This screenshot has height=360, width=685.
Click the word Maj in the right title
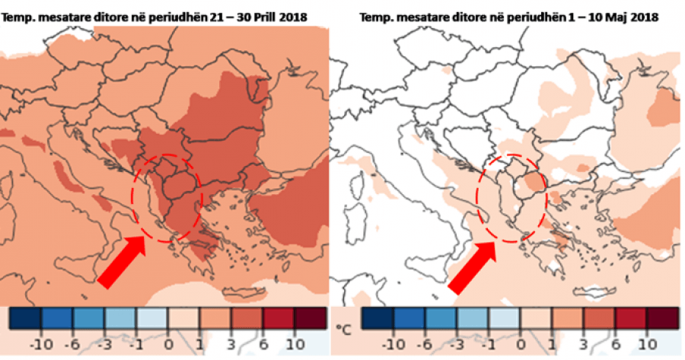pyautogui.click(x=616, y=18)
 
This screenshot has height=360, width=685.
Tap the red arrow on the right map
pyautogui.click(x=473, y=267)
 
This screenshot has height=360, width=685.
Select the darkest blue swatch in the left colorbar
pyautogui.click(x=25, y=317)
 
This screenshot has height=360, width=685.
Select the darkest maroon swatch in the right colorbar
pyautogui.click(x=663, y=317)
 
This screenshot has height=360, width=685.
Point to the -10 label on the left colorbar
pyautogui.click(x=41, y=345)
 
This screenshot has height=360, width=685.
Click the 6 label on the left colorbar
pyautogui.click(x=263, y=345)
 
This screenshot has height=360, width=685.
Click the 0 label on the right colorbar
pyautogui.click(x=520, y=345)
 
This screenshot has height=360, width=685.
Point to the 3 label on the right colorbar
pyautogui.click(x=584, y=345)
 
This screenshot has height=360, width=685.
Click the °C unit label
pyautogui.click(x=344, y=330)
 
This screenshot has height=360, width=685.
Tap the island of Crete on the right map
pyautogui.click(x=595, y=290)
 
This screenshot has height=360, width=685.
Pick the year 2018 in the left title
pyautogui.click(x=293, y=18)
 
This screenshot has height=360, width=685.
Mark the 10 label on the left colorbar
pyautogui.click(x=295, y=345)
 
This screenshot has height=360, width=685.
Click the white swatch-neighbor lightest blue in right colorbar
pyautogui.click(x=504, y=317)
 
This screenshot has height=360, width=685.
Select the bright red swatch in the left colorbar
pyautogui.click(x=279, y=317)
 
